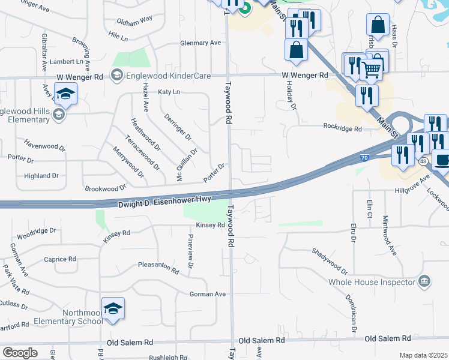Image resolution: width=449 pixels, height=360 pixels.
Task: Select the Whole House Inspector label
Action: (372, 282)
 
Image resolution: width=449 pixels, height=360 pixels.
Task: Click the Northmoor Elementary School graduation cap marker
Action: (113, 309)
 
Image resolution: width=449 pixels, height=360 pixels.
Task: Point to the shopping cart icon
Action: (372, 69)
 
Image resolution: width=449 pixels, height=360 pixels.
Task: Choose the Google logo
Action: (20, 352)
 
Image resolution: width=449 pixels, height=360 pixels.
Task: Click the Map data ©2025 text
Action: (423, 355)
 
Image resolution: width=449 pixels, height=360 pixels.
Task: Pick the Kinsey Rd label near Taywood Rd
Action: (210, 226)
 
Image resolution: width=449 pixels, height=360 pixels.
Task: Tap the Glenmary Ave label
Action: (201, 43)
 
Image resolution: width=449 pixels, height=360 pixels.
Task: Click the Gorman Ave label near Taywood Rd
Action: (207, 294)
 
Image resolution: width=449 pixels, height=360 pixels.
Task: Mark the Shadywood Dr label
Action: (330, 261)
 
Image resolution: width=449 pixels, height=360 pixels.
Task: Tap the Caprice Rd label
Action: (60, 259)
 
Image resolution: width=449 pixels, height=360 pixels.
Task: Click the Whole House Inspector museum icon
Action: (424, 280)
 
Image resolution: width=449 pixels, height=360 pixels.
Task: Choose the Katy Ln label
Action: (169, 92)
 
